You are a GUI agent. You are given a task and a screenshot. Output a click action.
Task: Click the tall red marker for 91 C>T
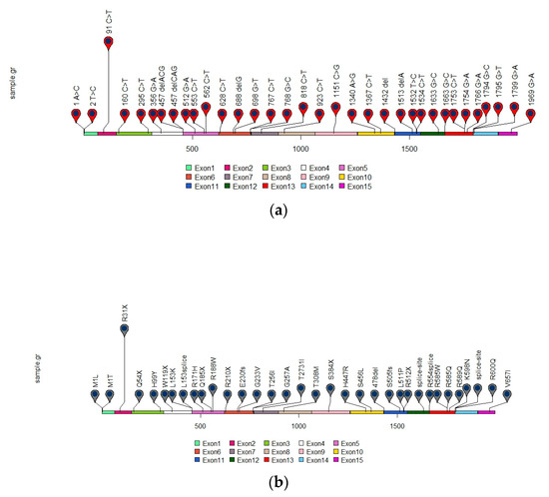[x=109, y=43]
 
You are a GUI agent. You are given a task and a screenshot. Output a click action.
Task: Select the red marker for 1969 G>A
[x=515, y=108]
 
